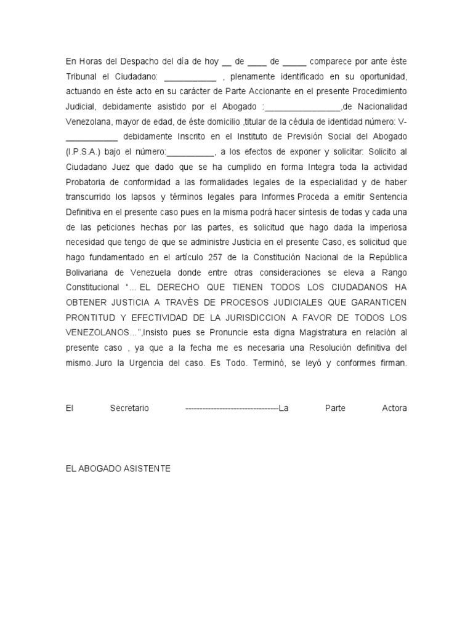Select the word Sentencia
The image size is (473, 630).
pyautogui.click(x=385, y=196)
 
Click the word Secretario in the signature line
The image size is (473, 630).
pyautogui.click(x=129, y=408)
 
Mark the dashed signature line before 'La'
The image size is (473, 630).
pyautogui.click(x=231, y=408)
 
